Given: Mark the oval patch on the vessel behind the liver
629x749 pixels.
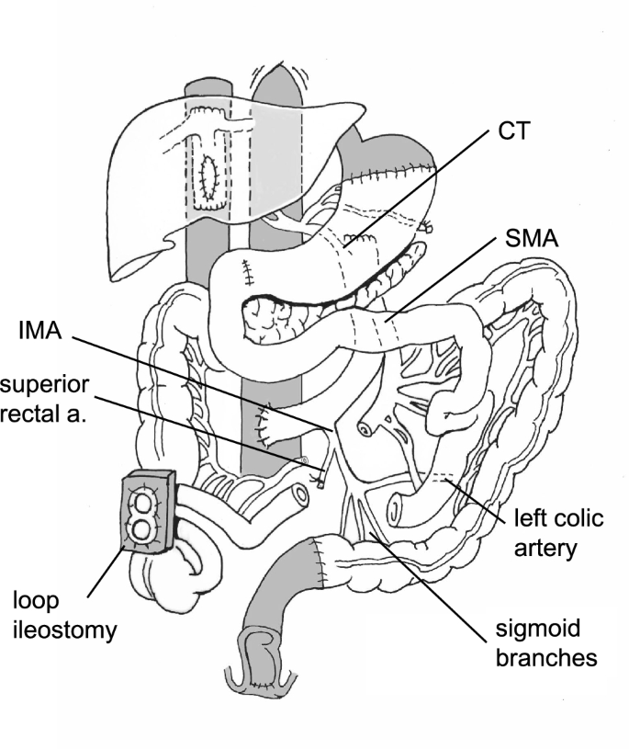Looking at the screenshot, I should coord(209,173).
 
